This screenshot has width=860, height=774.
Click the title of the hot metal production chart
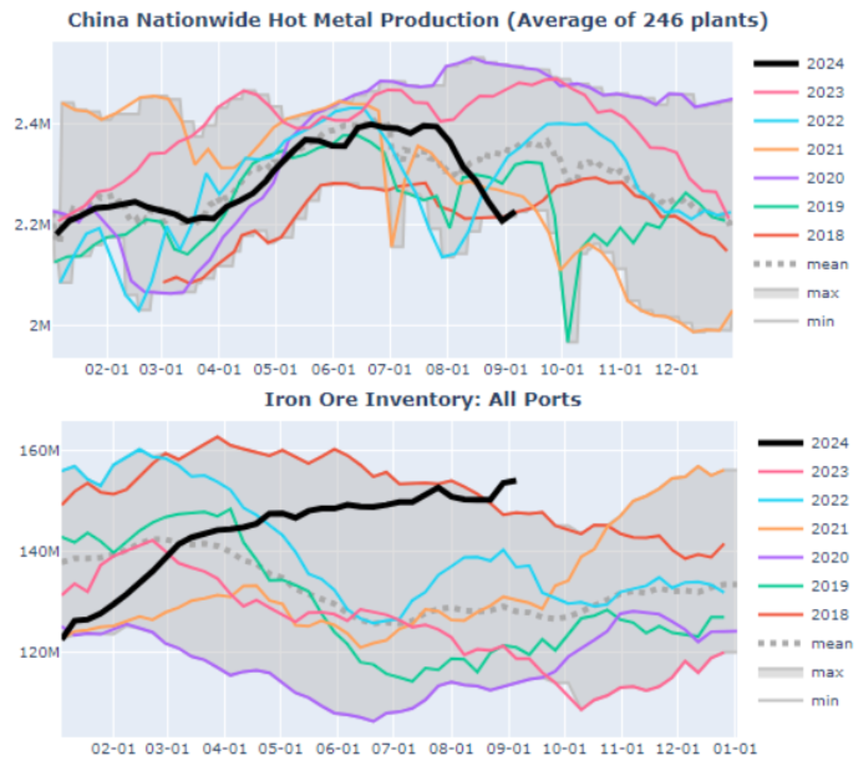pyautogui.click(x=417, y=20)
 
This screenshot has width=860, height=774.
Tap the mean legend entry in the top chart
pyautogui.click(x=827, y=264)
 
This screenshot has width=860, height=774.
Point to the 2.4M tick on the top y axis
pyautogui.click(x=32, y=124)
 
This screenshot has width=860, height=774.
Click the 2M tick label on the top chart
pyautogui.click(x=38, y=325)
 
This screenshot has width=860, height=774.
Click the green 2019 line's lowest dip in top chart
pyautogui.click(x=569, y=341)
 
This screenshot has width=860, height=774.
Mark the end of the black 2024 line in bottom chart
pyautogui.click(x=516, y=480)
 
